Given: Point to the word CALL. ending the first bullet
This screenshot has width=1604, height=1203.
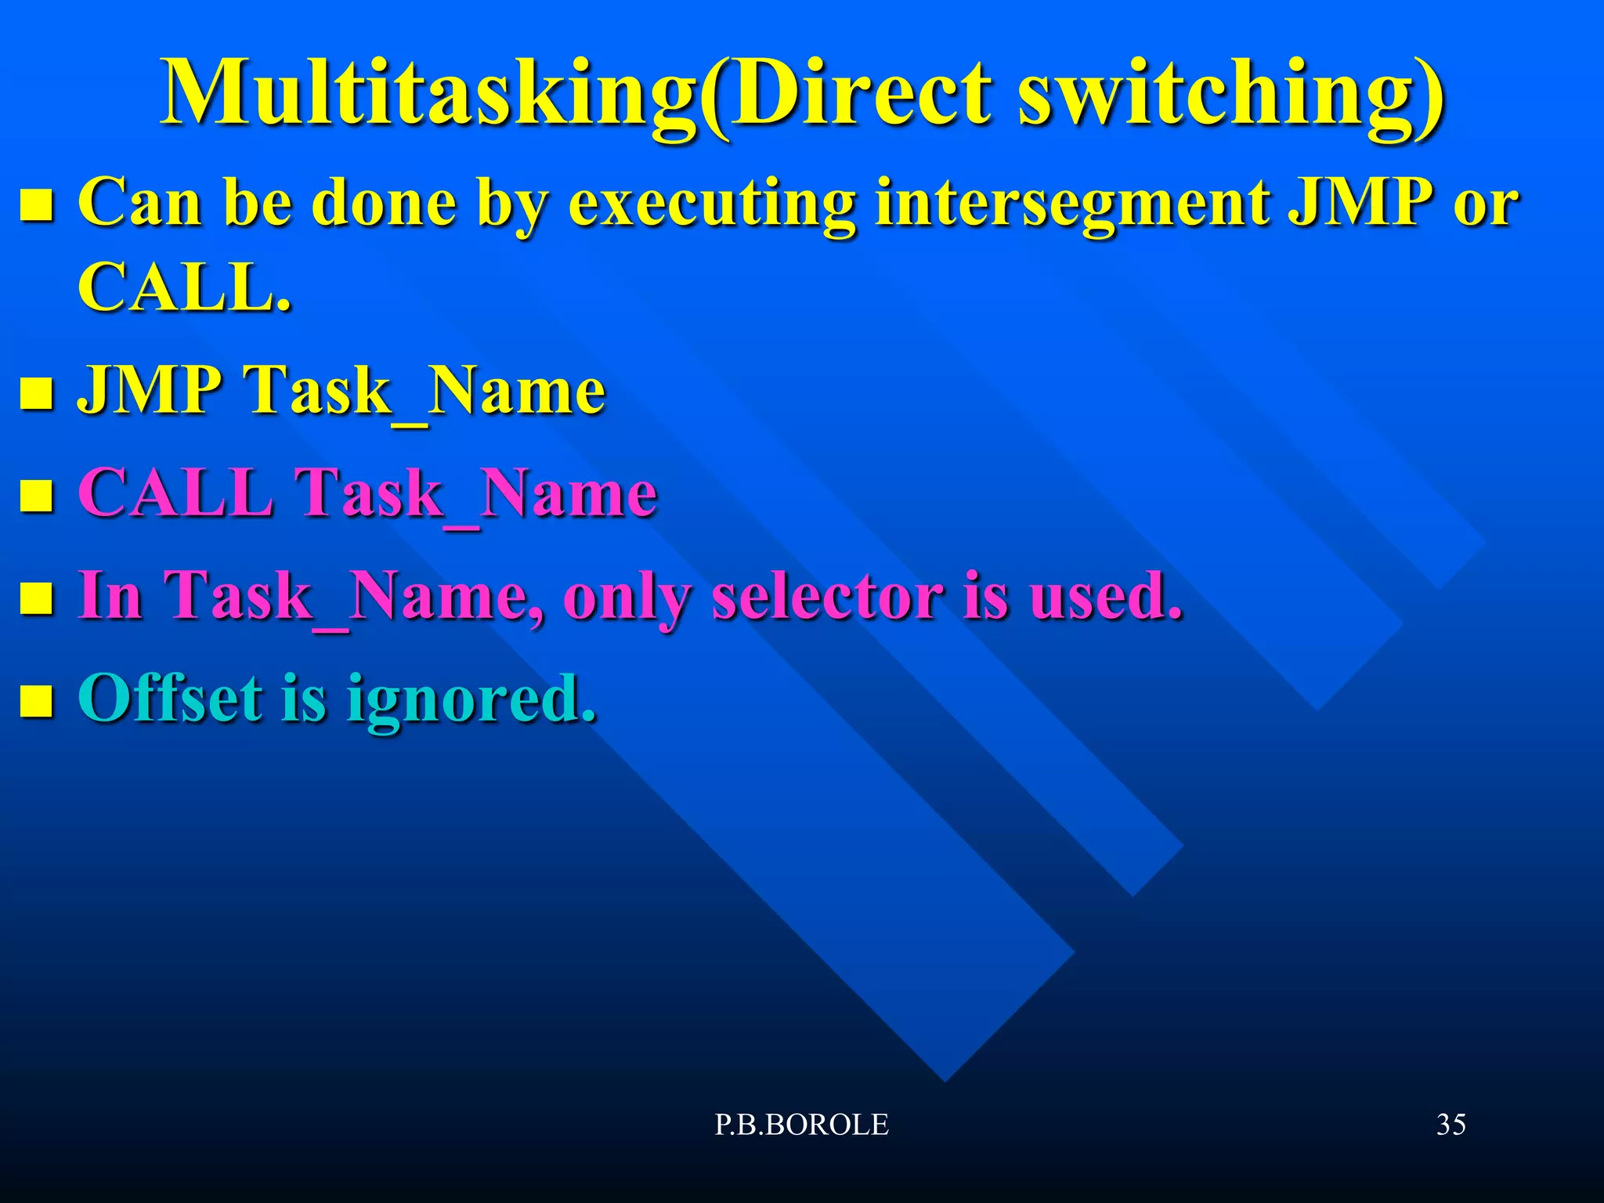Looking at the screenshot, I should tap(185, 287).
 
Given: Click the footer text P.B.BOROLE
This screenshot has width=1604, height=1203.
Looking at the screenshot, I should tap(801, 1125).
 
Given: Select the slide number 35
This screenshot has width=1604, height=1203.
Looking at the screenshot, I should tap(1450, 1125).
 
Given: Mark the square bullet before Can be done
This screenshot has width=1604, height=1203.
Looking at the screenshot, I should tap(36, 206).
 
